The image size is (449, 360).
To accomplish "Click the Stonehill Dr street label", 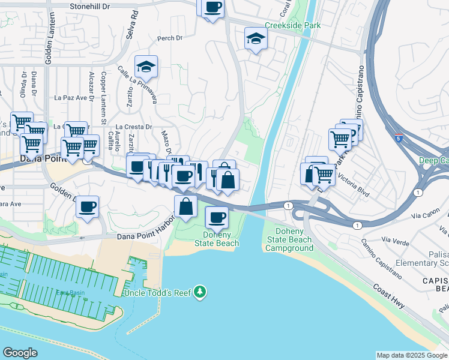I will click(90, 5).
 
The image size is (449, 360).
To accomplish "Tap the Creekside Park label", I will click(293, 25).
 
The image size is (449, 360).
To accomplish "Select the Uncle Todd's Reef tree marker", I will click(199, 293).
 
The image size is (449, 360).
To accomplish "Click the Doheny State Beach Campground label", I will click(289, 239).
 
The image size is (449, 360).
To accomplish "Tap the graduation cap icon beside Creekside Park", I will click(256, 40).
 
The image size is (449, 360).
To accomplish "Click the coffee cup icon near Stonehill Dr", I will click(212, 8).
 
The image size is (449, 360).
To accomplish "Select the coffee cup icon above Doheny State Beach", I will click(217, 217).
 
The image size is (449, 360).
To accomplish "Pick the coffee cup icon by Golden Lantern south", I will click(88, 207).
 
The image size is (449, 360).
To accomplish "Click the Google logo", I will click(20, 353).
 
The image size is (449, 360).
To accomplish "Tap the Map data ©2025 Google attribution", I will click(412, 355).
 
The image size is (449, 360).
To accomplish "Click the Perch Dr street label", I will click(169, 38).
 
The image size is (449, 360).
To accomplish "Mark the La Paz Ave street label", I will click(71, 97).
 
